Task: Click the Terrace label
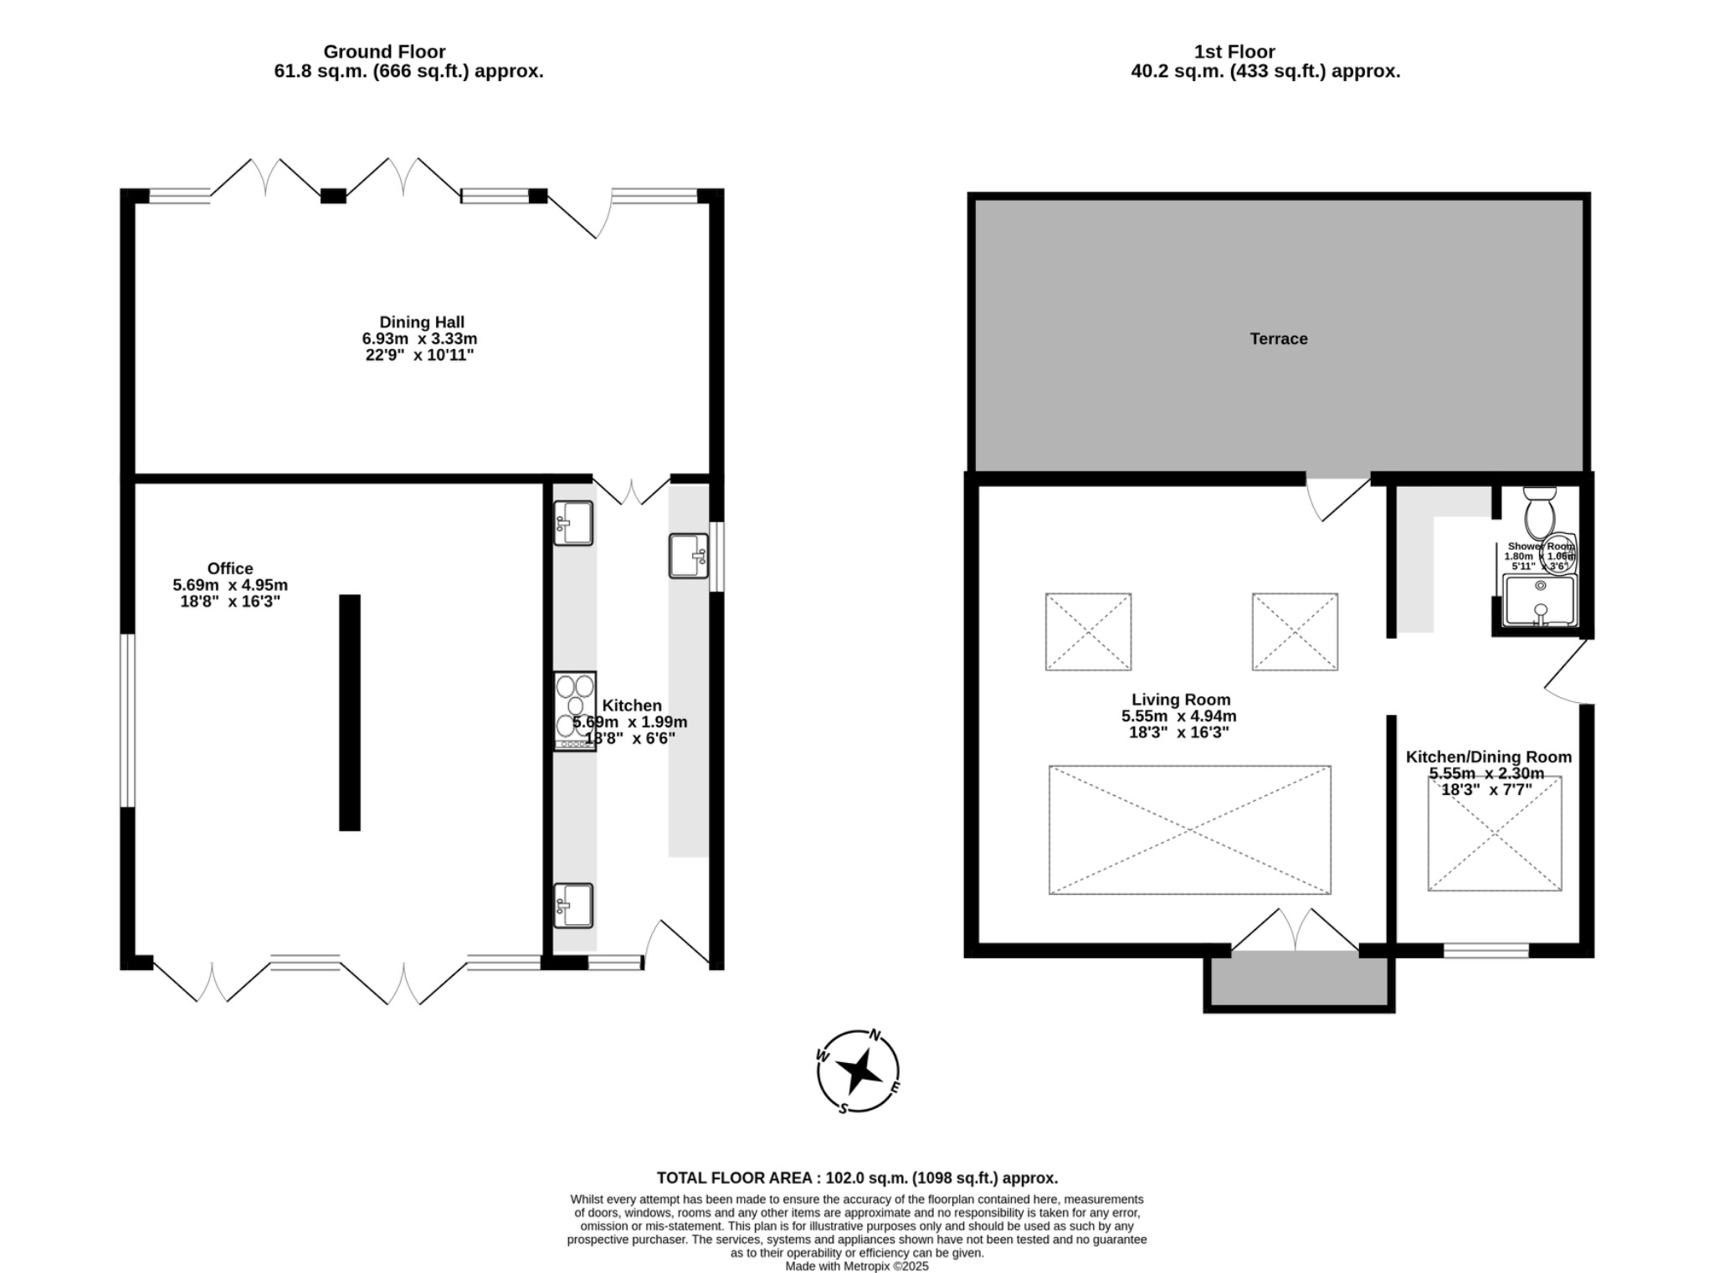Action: tap(1278, 339)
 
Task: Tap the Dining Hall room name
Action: tap(421, 322)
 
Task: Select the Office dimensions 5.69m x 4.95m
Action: tap(230, 585)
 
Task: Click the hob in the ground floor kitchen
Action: tap(574, 710)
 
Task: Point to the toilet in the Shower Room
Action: tap(1538, 512)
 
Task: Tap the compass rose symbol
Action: tap(858, 1070)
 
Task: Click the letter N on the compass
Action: tap(875, 1035)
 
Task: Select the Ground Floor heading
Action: tap(384, 52)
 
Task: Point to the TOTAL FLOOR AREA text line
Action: tap(857, 1178)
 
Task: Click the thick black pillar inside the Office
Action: tap(350, 712)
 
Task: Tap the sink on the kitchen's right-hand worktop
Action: tap(688, 556)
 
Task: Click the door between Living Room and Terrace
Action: tap(1337, 499)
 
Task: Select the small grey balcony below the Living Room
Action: tap(1299, 981)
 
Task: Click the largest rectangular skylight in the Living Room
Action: tap(1189, 829)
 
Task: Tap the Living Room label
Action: tap(1180, 700)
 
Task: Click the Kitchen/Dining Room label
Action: tap(1488, 757)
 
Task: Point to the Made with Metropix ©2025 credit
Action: tap(857, 1266)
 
